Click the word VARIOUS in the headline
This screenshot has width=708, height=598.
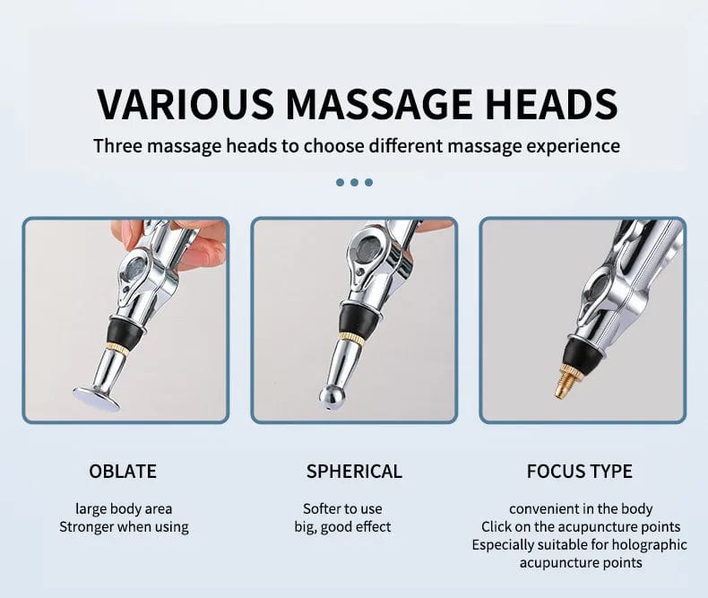tap(186, 104)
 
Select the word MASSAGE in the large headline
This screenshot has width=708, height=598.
tap(379, 104)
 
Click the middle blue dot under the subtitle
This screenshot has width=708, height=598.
tap(355, 183)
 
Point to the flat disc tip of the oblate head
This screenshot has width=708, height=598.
tap(96, 399)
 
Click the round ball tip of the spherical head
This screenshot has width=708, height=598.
tap(332, 396)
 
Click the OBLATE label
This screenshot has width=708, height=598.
tap(123, 472)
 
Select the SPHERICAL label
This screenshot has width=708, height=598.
tap(354, 472)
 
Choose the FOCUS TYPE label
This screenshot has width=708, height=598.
tap(579, 472)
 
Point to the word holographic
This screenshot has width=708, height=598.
tap(650, 545)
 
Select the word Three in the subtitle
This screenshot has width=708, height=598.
tap(117, 146)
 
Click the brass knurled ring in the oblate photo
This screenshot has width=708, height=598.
tap(117, 347)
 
